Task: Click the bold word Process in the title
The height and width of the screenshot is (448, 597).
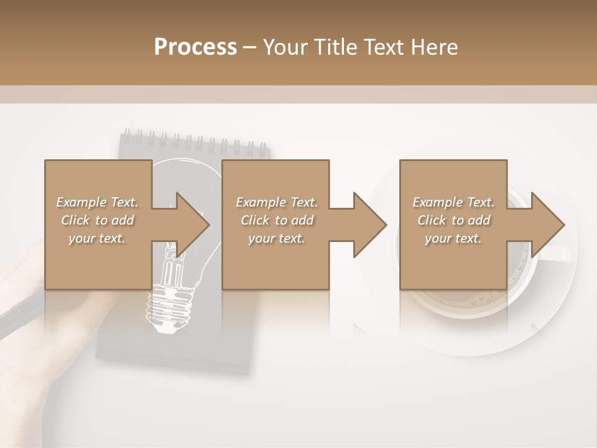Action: click(195, 47)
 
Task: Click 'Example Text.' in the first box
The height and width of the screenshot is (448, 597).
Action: click(97, 202)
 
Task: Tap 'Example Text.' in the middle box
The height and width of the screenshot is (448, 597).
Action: click(277, 202)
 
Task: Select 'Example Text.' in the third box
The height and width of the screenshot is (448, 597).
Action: click(453, 202)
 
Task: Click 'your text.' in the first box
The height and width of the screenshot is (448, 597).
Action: click(97, 238)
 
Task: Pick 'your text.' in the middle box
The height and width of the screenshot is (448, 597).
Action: click(277, 238)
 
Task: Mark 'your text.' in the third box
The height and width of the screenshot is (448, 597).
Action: click(453, 238)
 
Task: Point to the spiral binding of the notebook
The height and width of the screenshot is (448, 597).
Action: click(195, 141)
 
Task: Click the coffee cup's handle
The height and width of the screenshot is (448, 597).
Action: click(560, 253)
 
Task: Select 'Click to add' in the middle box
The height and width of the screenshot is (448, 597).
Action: click(277, 220)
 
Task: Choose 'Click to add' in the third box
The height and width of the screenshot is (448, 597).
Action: click(453, 220)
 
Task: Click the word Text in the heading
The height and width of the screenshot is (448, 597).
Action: click(386, 47)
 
